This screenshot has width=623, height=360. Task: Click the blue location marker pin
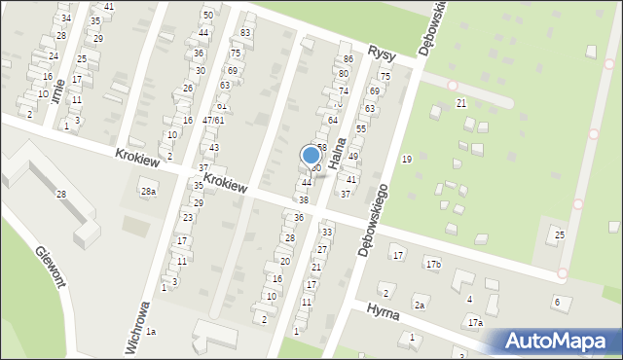311,156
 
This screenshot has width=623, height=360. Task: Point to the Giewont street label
50,267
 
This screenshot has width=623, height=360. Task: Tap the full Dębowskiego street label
374,219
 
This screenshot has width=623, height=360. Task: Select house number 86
348,60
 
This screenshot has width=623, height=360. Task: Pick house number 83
245,33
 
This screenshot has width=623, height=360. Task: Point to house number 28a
147,192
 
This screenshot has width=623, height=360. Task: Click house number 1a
151,332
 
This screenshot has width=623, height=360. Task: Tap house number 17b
432,265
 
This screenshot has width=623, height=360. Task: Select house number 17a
474,322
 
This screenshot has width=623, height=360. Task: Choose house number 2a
420,305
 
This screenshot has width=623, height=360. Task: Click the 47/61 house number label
213,120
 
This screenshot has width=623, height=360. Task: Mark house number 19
406,159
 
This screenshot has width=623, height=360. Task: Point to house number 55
361,128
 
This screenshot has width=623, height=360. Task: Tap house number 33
327,232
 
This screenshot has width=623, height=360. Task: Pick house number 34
65,18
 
